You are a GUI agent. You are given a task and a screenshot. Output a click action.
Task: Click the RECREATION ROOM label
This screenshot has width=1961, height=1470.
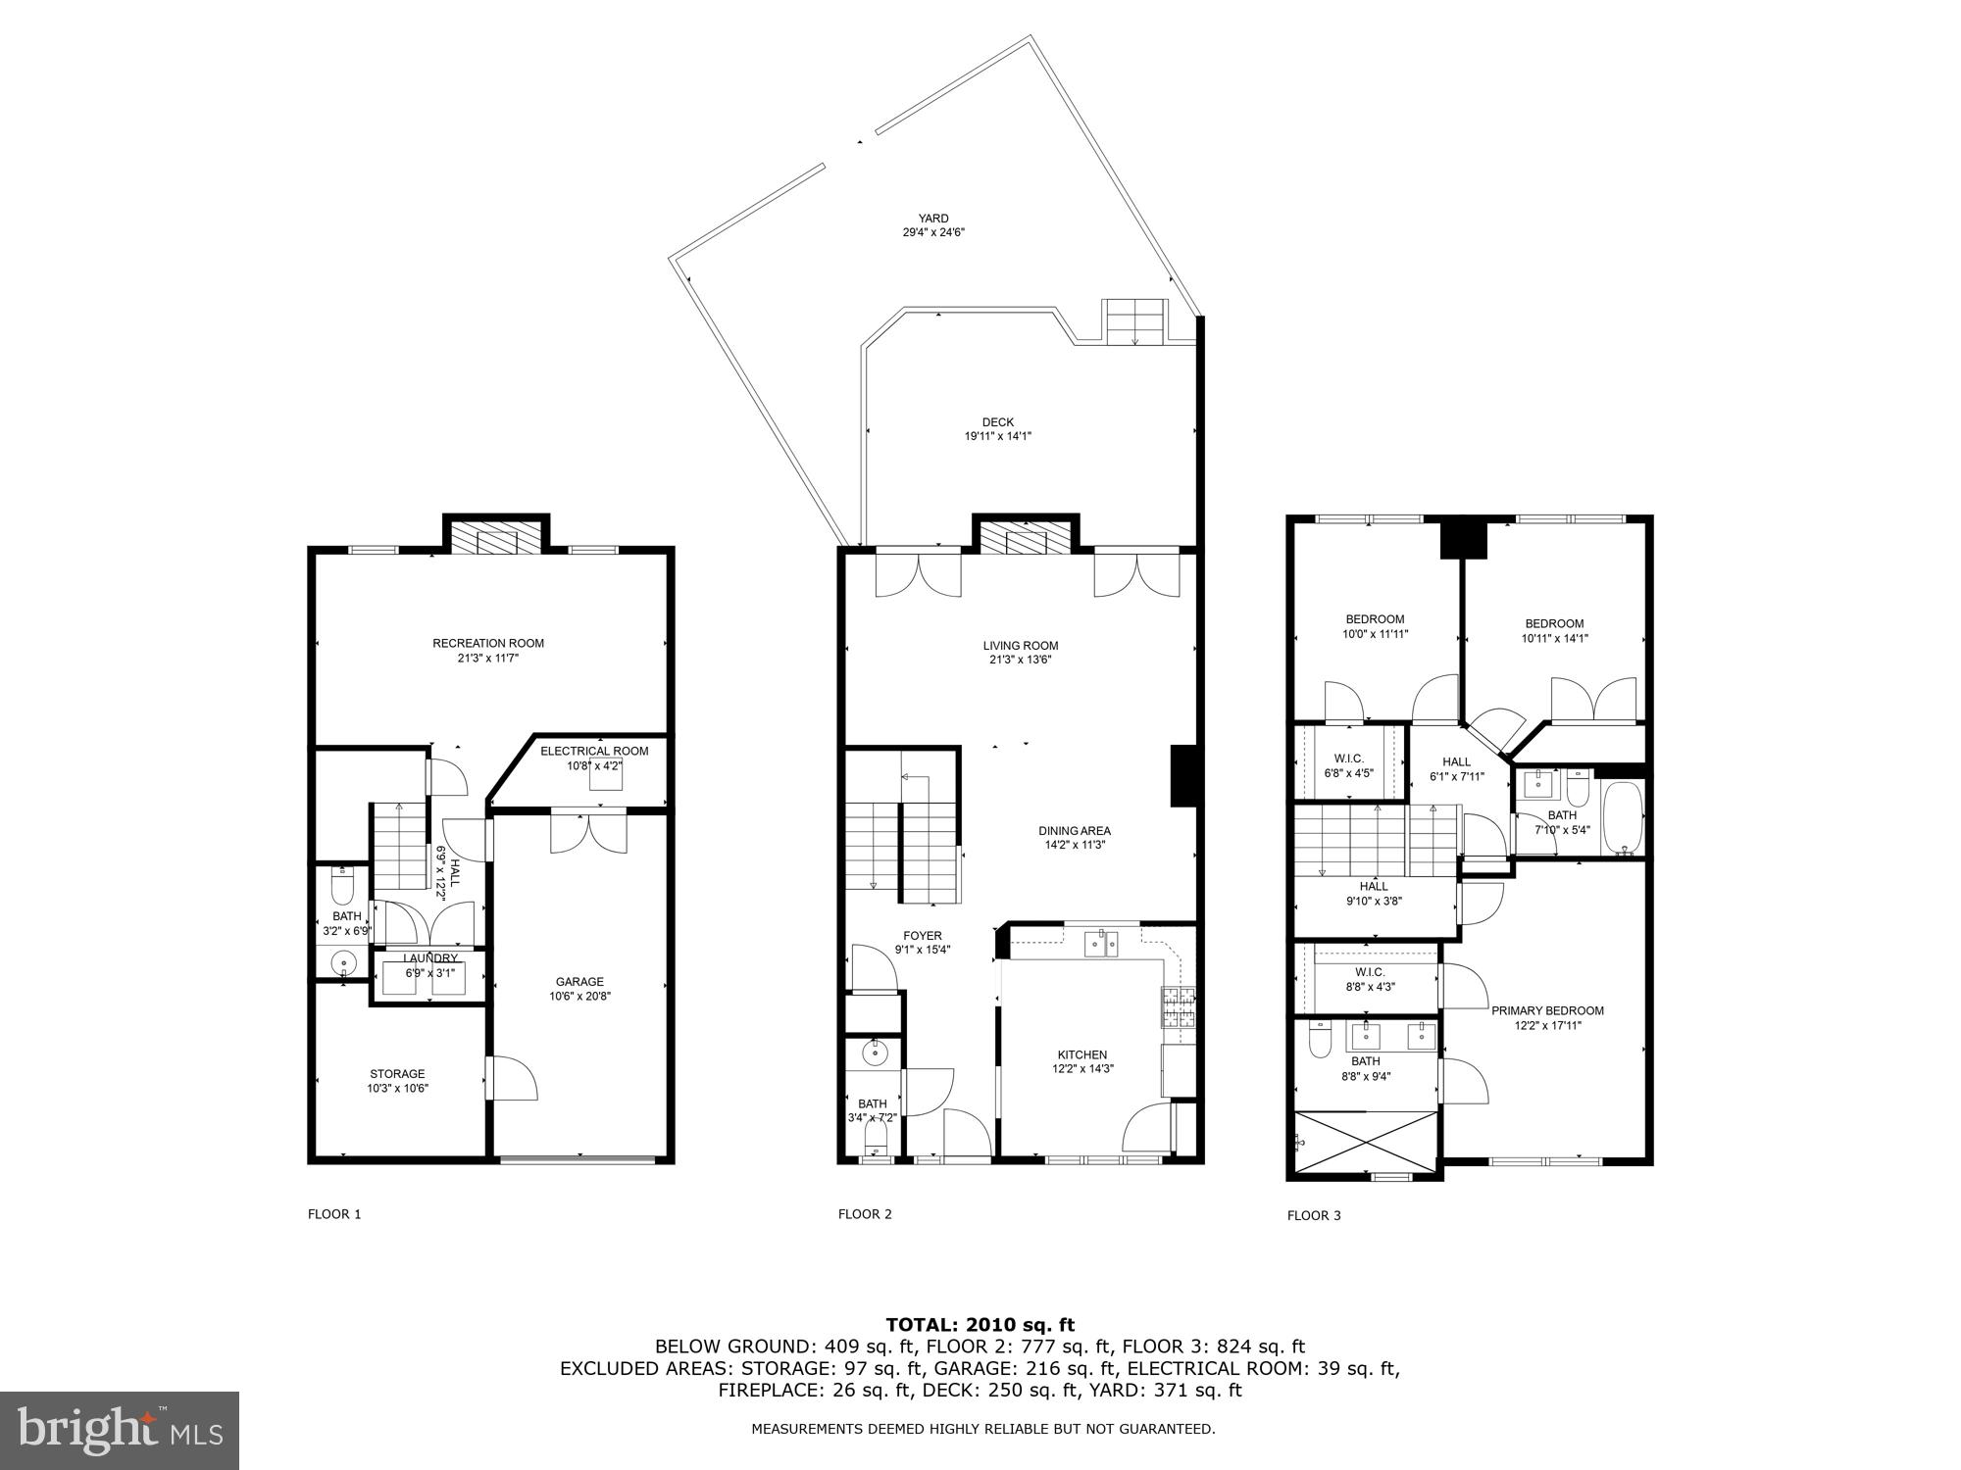click(x=488, y=643)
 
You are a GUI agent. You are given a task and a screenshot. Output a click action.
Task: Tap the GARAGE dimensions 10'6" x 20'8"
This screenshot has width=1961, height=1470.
click(x=579, y=997)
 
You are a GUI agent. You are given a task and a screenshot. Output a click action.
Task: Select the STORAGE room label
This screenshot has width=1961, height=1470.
click(x=397, y=1073)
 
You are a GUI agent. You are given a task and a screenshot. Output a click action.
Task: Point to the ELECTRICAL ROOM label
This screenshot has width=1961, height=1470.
click(x=594, y=751)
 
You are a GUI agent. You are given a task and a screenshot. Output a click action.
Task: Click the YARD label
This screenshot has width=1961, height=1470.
click(x=932, y=219)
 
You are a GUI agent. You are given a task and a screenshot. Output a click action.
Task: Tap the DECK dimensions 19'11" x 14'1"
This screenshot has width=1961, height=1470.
click(x=997, y=437)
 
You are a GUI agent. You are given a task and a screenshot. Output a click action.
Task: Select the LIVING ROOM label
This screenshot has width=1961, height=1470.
click(x=1021, y=645)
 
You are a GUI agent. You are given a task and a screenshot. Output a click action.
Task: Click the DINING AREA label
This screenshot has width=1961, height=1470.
click(x=1075, y=830)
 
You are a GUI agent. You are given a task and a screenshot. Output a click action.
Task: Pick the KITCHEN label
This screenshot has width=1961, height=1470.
click(x=1081, y=1054)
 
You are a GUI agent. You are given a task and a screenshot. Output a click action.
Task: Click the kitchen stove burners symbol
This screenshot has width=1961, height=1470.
click(x=1178, y=1007)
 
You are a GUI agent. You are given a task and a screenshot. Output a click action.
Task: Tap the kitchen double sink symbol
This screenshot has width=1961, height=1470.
click(x=1102, y=944)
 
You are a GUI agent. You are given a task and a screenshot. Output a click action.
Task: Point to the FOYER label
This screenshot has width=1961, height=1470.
click(x=922, y=935)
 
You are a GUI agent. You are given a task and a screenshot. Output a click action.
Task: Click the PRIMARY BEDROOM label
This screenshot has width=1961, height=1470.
click(x=1547, y=1010)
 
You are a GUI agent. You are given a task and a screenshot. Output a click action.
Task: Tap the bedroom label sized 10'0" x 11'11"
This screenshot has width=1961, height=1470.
click(x=1375, y=618)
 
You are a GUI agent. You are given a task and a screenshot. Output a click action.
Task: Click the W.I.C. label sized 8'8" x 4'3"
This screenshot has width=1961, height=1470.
click(x=1368, y=971)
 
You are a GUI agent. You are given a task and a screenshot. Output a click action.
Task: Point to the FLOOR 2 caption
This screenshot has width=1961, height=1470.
click(x=865, y=1214)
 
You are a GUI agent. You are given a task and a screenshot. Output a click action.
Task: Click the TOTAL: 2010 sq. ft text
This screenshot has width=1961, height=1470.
click(x=980, y=1325)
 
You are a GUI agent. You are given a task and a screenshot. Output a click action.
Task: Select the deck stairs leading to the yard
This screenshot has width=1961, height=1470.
click(x=1136, y=321)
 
